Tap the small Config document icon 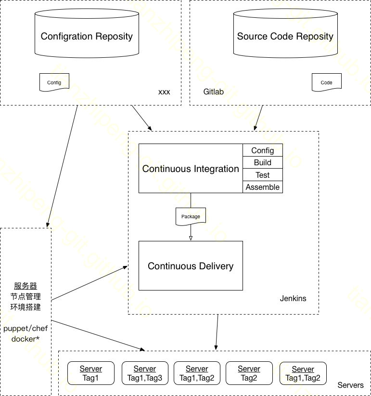point(54,82)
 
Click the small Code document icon point(326,82)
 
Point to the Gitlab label point(214,92)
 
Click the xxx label point(164,92)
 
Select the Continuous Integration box point(191,169)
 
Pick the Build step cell point(263,163)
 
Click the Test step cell point(263,175)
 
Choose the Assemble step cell point(263,187)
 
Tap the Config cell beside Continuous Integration point(263,150)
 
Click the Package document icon point(191,217)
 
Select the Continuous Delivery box point(191,266)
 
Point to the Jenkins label point(293,299)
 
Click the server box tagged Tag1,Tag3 point(145,374)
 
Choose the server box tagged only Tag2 point(249,374)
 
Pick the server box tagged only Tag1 point(91,374)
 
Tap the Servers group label point(350,385)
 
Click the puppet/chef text point(26,329)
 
